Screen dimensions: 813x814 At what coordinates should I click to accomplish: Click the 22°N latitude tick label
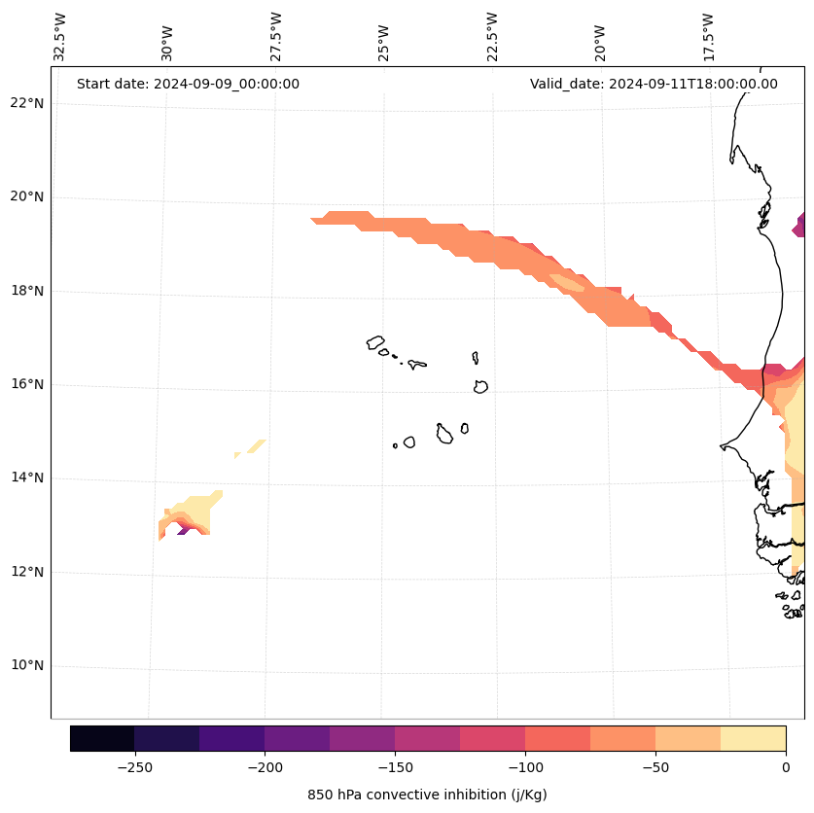(x=26, y=104)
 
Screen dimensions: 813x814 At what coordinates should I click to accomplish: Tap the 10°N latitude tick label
(x=26, y=666)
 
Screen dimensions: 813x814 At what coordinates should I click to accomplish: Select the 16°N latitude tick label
(x=26, y=385)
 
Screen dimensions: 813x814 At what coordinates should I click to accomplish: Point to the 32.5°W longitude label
(x=60, y=37)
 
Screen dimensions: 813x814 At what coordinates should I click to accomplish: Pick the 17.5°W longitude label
(x=708, y=37)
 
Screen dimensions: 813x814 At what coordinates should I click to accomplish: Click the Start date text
(x=188, y=84)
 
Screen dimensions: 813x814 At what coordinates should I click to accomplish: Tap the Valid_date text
(x=654, y=84)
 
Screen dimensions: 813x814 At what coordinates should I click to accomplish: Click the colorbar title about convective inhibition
(x=427, y=795)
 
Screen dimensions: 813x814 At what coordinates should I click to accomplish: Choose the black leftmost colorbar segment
(x=102, y=738)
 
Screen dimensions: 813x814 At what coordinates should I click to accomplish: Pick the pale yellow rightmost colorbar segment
(x=753, y=738)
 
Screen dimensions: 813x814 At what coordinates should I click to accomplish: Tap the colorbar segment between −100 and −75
(x=557, y=738)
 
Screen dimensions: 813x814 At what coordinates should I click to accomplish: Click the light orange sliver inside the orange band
(x=568, y=283)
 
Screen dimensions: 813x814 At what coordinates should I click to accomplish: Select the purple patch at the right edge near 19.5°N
(x=799, y=226)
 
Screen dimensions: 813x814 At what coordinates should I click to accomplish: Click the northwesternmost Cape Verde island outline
(x=375, y=342)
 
